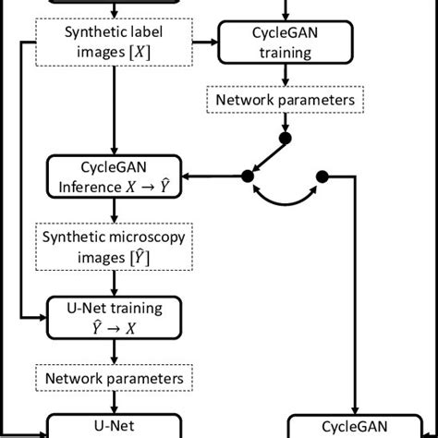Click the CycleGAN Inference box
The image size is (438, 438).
[x=116, y=176]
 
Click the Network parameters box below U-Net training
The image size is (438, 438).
[x=116, y=378]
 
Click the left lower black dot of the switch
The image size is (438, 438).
[x=248, y=176]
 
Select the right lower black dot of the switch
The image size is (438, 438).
[x=322, y=176]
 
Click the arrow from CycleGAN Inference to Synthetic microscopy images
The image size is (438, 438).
[x=116, y=210]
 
